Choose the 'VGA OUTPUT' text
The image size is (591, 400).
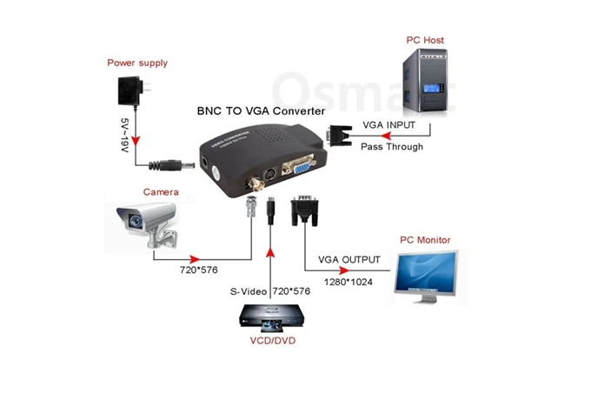pyautogui.click(x=349, y=259)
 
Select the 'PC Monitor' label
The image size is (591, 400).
pyautogui.click(x=426, y=239)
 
